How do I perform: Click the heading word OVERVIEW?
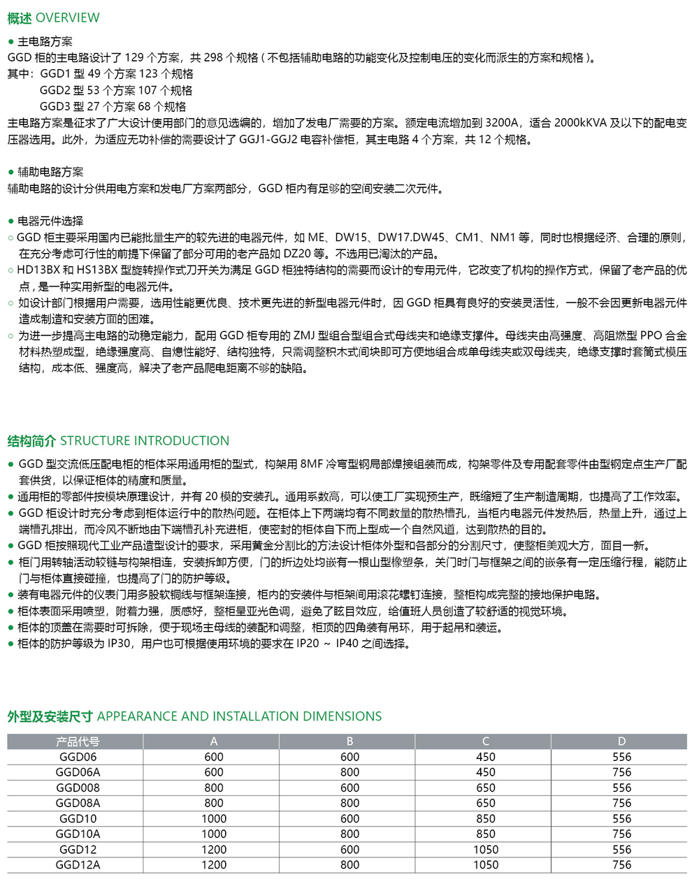click(67, 17)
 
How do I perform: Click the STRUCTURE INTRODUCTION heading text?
click(145, 441)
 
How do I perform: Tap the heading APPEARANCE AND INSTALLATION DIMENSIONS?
click(239, 716)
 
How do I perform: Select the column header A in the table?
click(214, 741)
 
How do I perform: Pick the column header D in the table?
click(621, 741)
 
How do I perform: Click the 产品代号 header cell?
click(78, 741)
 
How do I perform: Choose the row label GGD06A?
click(78, 772)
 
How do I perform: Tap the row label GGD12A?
click(78, 865)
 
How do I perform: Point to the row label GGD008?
click(78, 788)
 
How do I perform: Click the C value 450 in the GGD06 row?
click(485, 757)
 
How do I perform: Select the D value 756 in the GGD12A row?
click(621, 865)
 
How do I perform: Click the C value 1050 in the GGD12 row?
click(485, 850)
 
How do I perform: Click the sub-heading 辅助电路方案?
click(50, 172)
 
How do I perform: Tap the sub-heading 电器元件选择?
click(50, 221)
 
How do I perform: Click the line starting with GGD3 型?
click(113, 107)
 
